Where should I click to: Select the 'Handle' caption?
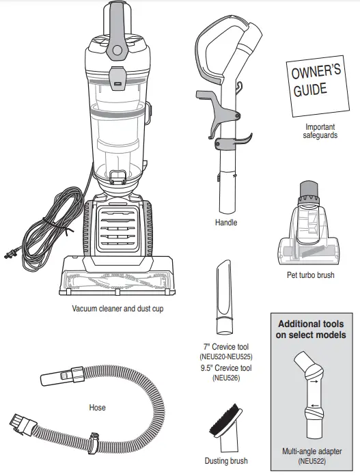pos(225,223)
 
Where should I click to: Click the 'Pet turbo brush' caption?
pos(311,275)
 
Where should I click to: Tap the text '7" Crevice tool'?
pos(226,347)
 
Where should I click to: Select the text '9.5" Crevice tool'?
pos(226,367)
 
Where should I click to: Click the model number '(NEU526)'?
pos(226,378)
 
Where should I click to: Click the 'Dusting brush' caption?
pos(226,461)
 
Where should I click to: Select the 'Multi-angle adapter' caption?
pos(311,451)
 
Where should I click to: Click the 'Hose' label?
pos(98,408)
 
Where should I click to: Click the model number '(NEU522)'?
pos(311,461)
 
